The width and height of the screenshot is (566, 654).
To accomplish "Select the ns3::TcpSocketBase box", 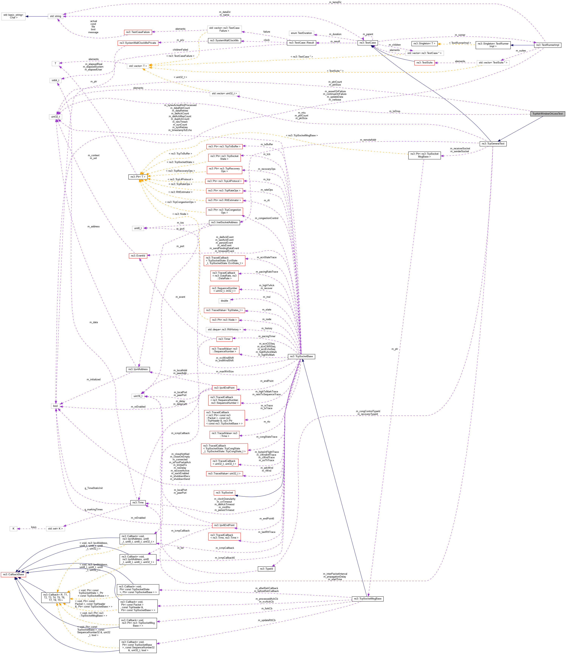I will tap(301, 356).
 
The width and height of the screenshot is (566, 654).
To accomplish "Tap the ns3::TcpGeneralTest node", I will tap(493, 143).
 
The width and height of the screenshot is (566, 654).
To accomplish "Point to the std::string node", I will tap(56, 16).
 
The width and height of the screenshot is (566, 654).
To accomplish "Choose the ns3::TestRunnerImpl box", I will tap(547, 45).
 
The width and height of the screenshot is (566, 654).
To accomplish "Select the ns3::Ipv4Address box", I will tap(138, 369).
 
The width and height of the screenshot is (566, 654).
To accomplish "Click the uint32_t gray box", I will tap(56, 117).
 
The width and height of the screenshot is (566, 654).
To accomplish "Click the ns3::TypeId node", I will tap(266, 569).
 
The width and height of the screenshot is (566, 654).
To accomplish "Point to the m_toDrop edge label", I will tap(394, 111).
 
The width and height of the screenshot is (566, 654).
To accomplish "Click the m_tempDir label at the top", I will tap(335, 2).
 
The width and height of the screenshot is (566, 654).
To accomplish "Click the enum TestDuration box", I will tap(301, 33).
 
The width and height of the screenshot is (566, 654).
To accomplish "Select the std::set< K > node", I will tap(56, 529).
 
